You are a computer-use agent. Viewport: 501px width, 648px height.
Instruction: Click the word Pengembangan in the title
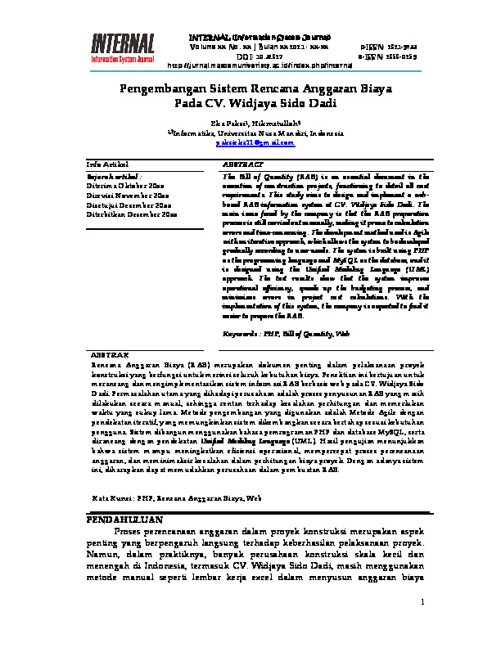tap(160, 88)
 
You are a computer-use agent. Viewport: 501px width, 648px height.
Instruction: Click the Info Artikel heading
tap(106, 164)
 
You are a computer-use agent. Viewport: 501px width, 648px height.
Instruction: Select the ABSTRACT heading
tap(242, 164)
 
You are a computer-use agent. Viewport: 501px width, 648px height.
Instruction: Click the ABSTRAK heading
tap(109, 356)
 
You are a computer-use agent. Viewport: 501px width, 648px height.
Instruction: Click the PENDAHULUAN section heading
tap(124, 520)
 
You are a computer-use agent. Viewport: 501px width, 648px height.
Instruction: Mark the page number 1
tap(422, 604)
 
